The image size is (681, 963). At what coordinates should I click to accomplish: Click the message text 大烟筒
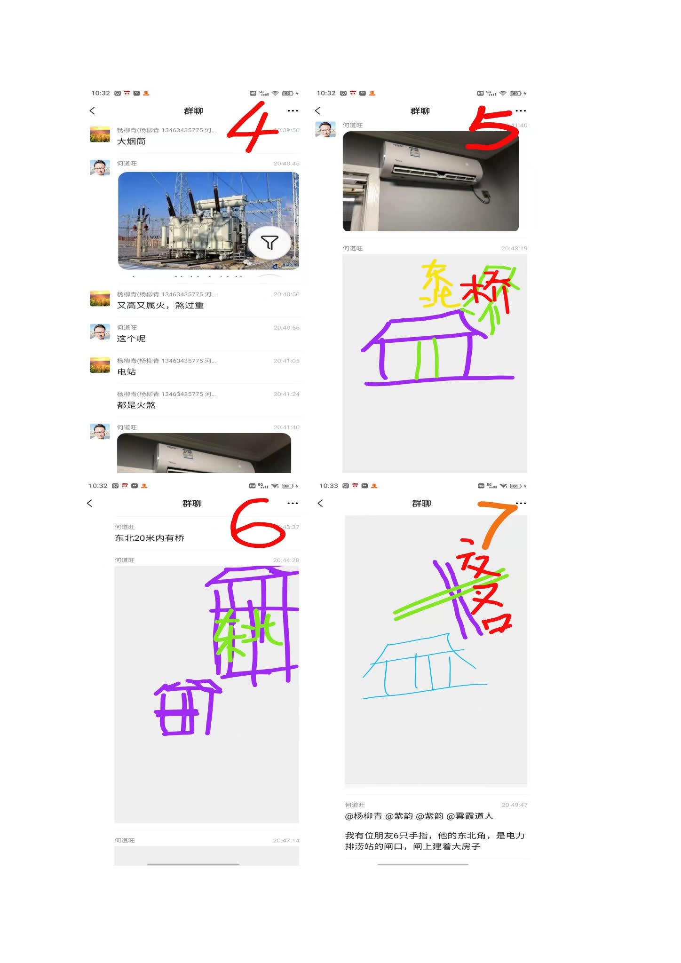point(131,142)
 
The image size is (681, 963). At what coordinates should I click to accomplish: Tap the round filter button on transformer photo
point(269,243)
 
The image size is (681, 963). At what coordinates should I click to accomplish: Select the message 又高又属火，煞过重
point(160,306)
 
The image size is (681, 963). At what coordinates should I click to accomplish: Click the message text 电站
point(127,372)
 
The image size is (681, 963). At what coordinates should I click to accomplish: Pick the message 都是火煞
point(136,405)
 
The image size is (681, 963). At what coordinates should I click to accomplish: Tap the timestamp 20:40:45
point(286,164)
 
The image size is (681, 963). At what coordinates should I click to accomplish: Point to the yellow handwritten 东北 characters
point(436,284)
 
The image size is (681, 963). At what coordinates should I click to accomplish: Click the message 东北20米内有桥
point(150,538)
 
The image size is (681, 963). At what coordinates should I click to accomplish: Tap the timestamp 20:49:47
point(514,805)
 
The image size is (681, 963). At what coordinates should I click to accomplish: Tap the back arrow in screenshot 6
point(90,503)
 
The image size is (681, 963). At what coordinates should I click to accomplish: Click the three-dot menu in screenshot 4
point(293,111)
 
